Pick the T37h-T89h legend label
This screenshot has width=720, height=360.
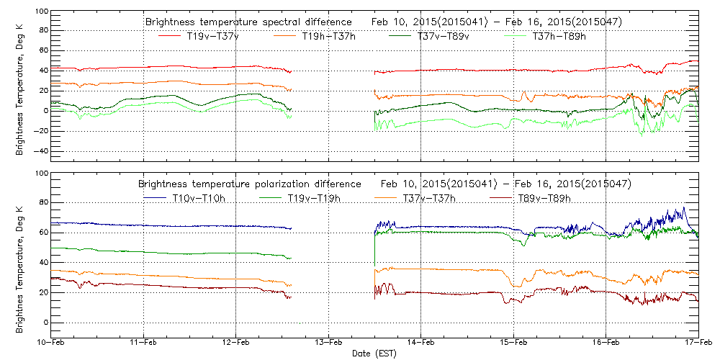(x=559, y=36)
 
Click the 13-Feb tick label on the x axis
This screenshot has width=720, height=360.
(x=328, y=344)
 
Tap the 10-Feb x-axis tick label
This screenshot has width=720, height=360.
(x=50, y=344)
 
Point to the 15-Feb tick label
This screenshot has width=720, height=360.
(x=513, y=344)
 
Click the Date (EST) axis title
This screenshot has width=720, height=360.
(x=374, y=354)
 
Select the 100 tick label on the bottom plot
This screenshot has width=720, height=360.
(x=40, y=174)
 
